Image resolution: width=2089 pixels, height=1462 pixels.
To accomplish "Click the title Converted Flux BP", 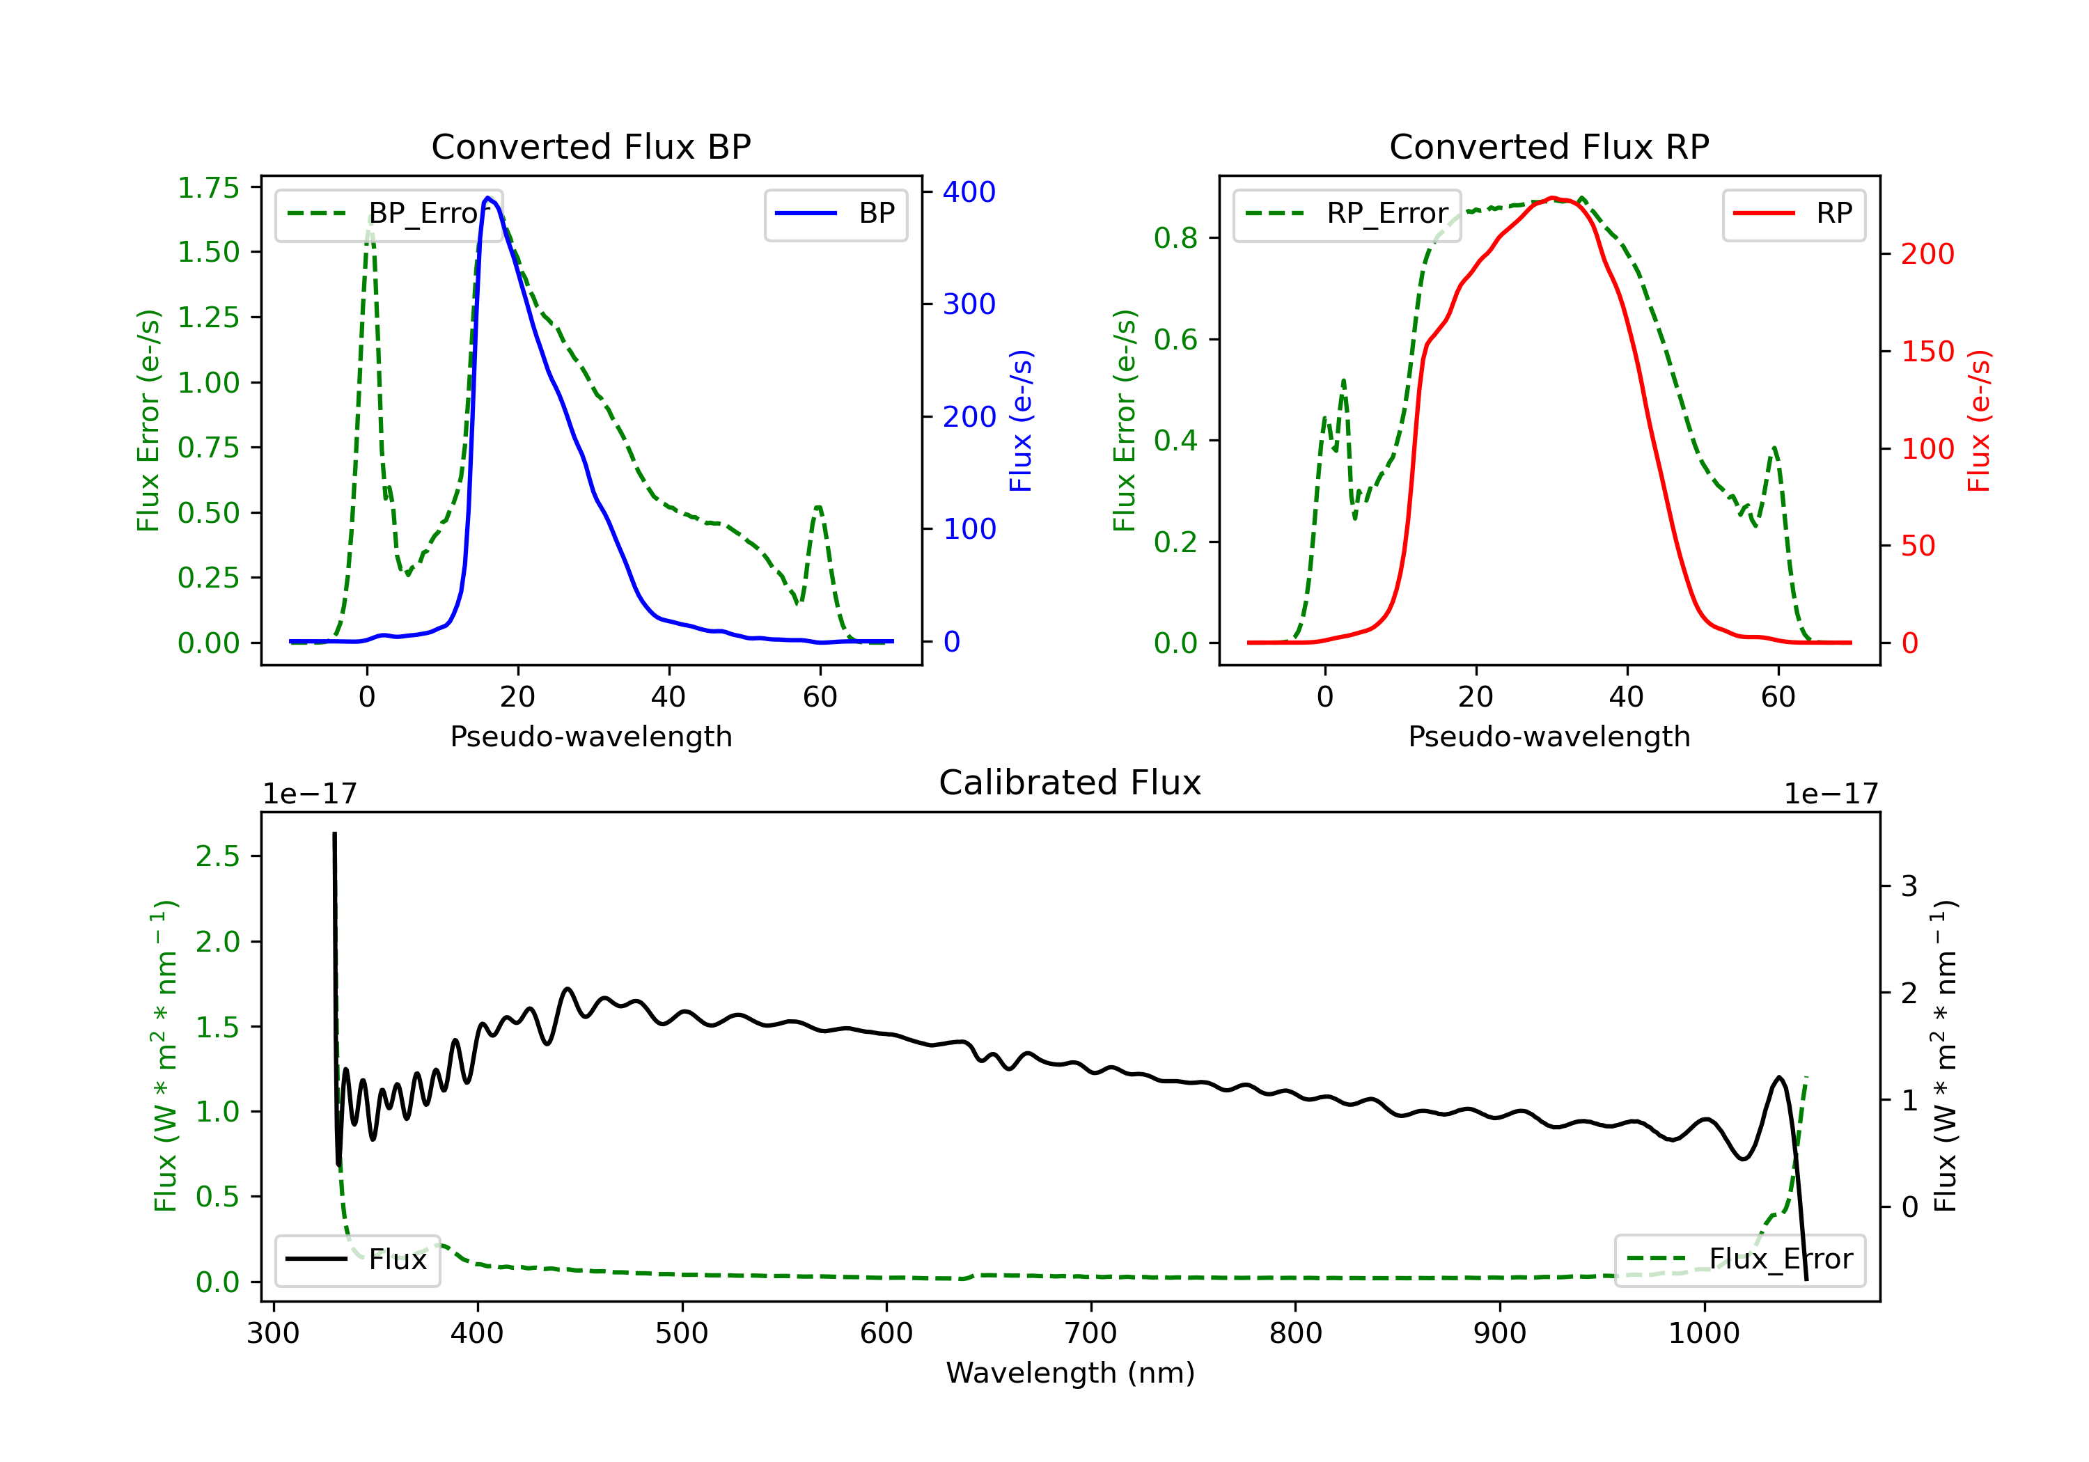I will (x=590, y=146).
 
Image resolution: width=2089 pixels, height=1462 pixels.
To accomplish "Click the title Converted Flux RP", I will (x=1549, y=146).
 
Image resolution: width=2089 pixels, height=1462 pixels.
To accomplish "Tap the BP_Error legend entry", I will (x=389, y=214).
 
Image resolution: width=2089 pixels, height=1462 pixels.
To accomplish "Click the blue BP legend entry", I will (x=835, y=214).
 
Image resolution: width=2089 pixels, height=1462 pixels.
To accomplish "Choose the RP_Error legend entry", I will (x=1347, y=214).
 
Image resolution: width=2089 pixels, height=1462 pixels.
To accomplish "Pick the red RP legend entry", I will (x=1793, y=214).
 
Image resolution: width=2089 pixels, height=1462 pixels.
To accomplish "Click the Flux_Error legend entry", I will (x=1739, y=1259).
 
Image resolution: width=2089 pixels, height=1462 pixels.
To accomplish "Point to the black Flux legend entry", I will (x=357, y=1259).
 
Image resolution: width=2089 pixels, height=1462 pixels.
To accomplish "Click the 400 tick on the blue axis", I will (x=969, y=192).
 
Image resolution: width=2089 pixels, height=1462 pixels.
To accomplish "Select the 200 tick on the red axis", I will (x=1927, y=254).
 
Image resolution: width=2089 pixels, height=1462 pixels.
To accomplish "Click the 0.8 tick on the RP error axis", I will (x=1175, y=237).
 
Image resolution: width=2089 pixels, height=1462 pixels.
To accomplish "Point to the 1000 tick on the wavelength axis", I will (x=1703, y=1334).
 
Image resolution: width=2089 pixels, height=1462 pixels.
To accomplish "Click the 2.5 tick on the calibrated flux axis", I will (x=217, y=856).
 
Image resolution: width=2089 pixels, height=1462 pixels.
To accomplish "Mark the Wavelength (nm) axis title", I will (x=1070, y=1373).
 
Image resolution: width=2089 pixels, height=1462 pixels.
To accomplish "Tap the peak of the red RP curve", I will (x=1552, y=198).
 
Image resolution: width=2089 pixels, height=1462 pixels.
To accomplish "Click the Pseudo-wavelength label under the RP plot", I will (x=1549, y=736).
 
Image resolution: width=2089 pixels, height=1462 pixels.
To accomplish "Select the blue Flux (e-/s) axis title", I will (x=1021, y=420).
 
